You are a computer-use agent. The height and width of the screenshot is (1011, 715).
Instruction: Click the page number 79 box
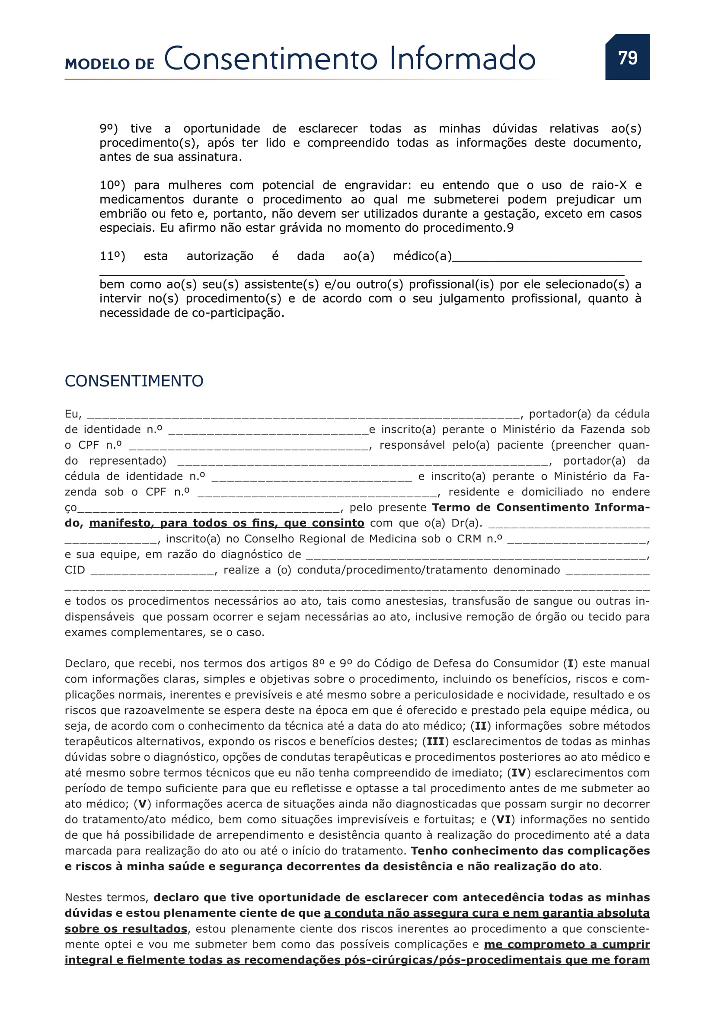tap(627, 57)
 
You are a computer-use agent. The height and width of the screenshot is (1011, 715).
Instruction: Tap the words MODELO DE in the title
tap(110, 64)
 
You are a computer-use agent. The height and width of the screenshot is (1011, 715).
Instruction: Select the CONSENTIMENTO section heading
tap(134, 381)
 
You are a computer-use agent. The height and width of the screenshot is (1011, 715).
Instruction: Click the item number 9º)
tap(109, 128)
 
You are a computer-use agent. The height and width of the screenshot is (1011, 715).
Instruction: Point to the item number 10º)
tap(112, 185)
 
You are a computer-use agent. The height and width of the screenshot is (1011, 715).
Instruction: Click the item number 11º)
tap(112, 256)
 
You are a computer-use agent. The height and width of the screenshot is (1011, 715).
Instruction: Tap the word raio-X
tap(609, 185)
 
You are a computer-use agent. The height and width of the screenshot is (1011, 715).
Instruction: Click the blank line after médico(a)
tap(547, 258)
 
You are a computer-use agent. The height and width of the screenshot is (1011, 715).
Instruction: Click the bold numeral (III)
tap(435, 742)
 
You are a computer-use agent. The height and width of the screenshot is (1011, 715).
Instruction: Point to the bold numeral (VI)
tap(503, 820)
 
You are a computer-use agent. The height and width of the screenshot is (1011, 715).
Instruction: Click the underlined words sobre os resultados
tap(126, 928)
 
